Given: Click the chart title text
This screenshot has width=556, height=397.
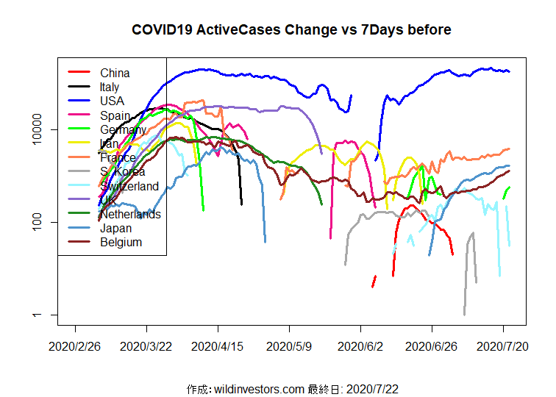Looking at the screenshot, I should click(291, 30).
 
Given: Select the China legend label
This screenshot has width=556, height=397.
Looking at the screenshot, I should click(115, 73).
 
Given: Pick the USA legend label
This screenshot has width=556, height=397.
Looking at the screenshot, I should click(112, 101).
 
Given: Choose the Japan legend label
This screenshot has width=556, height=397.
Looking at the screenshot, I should click(116, 228).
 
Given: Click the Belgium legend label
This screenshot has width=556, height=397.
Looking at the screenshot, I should click(121, 242).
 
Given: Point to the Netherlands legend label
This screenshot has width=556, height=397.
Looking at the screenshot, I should click(130, 214).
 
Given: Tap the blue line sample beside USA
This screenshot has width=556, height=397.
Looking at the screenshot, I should click(79, 101).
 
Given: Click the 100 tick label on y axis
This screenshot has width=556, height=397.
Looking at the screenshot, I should click(49, 222).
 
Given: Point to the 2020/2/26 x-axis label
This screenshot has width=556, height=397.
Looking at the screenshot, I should click(75, 346).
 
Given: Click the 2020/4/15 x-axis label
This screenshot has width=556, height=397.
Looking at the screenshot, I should click(218, 346).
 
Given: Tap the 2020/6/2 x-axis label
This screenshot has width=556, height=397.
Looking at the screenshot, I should click(360, 346).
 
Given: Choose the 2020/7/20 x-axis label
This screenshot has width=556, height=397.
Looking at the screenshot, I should click(503, 346).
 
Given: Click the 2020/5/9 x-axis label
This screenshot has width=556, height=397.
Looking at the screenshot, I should click(289, 346).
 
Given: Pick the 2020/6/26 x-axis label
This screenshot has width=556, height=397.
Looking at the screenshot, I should click(432, 346).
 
